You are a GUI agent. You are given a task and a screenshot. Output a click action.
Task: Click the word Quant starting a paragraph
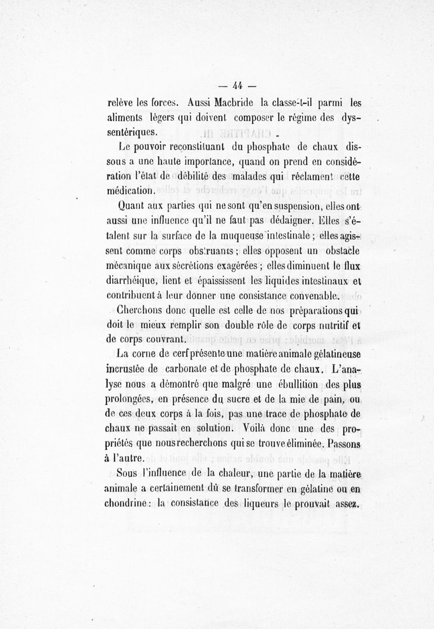[x=132, y=207]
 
